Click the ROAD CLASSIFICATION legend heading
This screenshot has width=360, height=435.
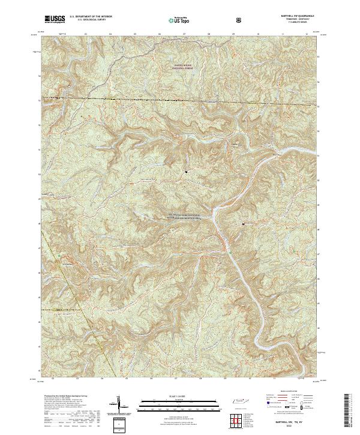286,395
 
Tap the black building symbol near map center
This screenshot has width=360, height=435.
187,172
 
